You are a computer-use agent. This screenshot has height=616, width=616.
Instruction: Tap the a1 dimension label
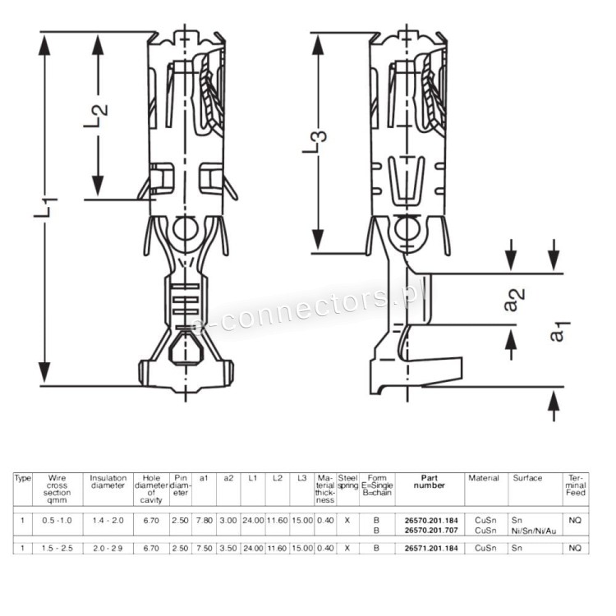(x=557, y=331)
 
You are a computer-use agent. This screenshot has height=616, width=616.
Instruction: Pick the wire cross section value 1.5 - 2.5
(x=57, y=547)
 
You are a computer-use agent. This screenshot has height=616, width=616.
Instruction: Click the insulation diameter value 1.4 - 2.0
(x=108, y=520)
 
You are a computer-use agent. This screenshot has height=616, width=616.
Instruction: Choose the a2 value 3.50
(x=229, y=547)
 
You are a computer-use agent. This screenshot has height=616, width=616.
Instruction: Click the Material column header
(x=483, y=478)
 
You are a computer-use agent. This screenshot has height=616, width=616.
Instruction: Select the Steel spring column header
(x=348, y=481)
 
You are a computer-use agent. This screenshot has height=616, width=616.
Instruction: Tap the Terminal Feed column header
(x=576, y=485)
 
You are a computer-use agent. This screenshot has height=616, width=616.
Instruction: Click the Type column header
(x=23, y=478)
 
